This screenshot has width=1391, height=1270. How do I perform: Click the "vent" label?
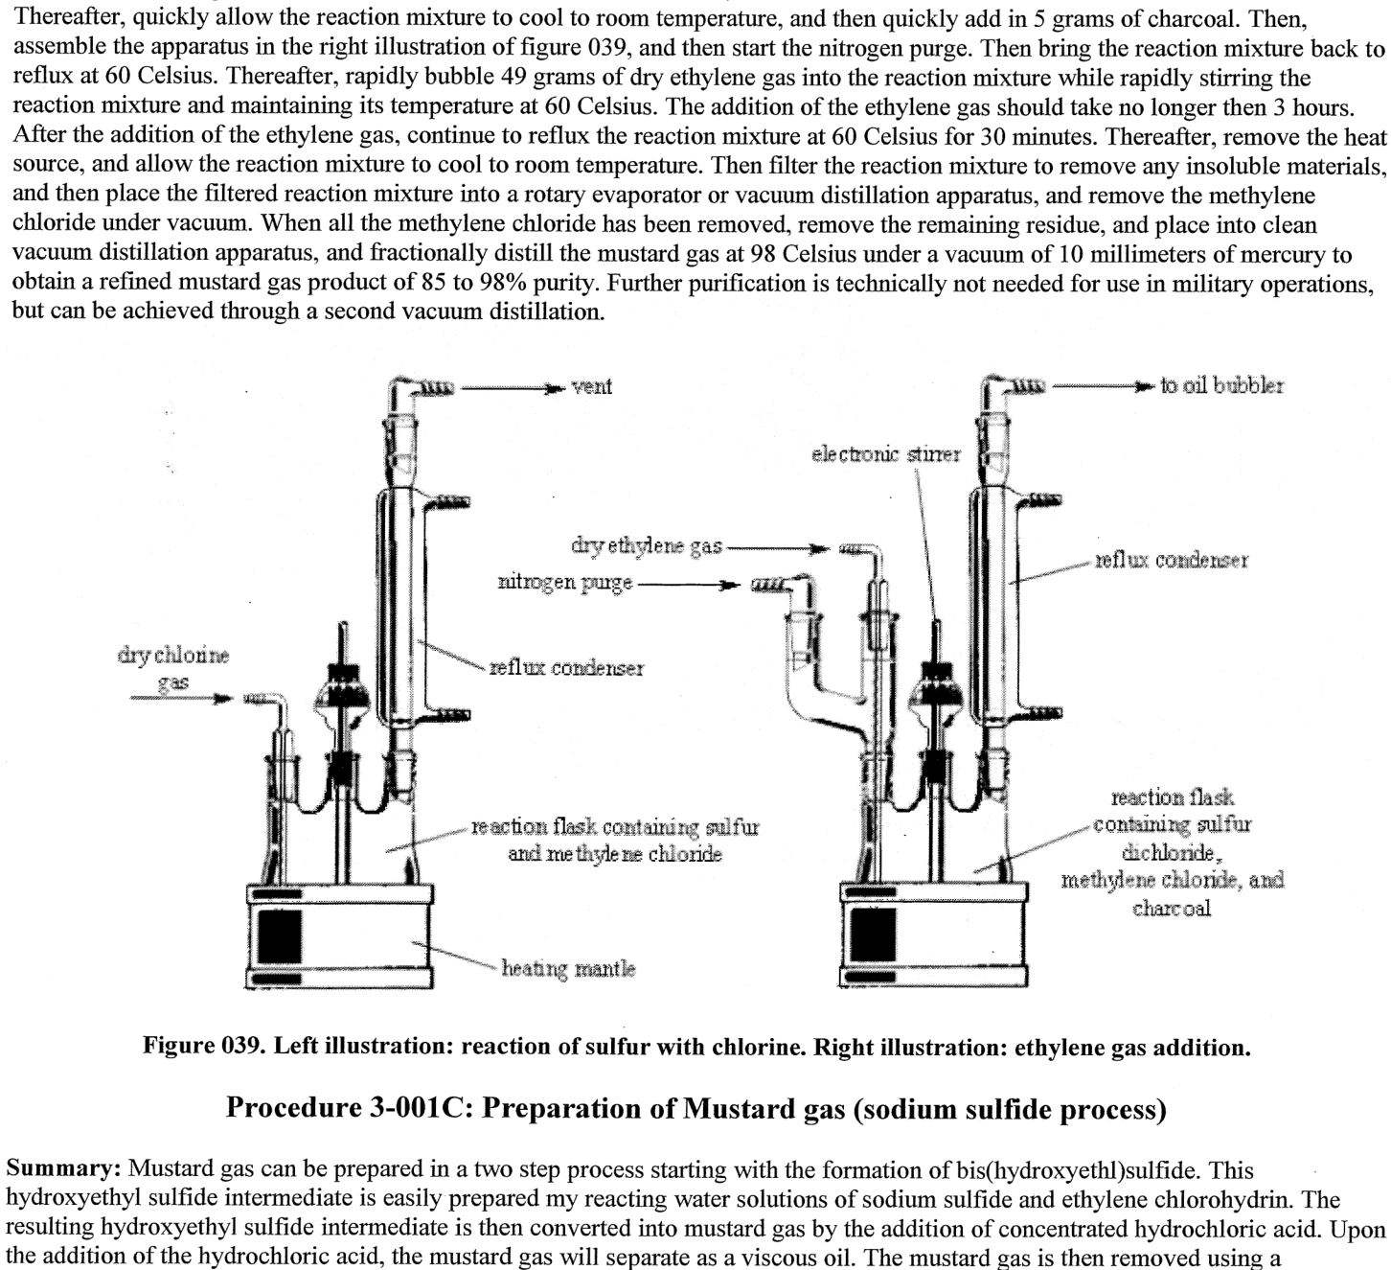tap(591, 386)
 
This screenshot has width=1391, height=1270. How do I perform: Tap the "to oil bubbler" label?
tap(1221, 385)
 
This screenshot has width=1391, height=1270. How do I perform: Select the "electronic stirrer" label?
tap(885, 453)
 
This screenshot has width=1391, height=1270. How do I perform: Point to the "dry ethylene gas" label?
tap(647, 546)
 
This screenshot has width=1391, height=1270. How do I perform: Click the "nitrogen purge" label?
tap(564, 582)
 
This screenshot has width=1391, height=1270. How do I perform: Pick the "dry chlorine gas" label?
tap(173, 668)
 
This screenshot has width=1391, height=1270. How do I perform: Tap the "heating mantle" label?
tap(568, 968)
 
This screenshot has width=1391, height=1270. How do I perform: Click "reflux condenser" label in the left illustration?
tap(566, 667)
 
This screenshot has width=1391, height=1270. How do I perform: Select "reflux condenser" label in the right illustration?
tap(1172, 560)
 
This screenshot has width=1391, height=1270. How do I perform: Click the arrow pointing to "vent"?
tap(512, 388)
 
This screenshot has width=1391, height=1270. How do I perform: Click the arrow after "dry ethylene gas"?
tap(779, 549)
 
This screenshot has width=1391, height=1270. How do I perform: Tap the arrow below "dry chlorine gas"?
tap(182, 698)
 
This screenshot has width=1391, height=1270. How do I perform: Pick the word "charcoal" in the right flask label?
tap(1171, 907)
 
